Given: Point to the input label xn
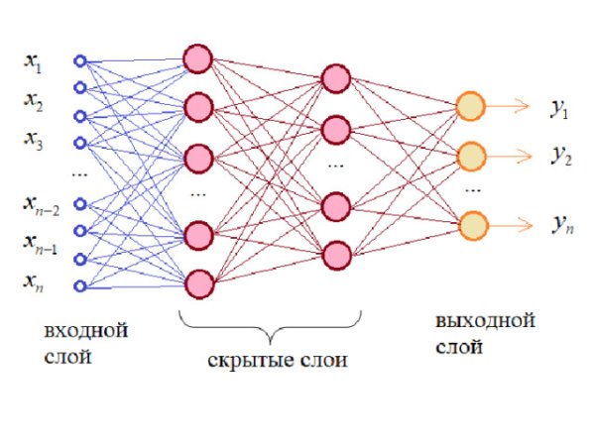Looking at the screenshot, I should (x=34, y=282).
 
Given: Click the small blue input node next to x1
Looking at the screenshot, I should (x=80, y=59).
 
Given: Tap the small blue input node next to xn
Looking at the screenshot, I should (x=80, y=287).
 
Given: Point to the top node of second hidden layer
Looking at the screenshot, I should (x=337, y=78).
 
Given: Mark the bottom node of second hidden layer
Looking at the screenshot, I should (x=337, y=256).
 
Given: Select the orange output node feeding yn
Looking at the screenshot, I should (x=470, y=223).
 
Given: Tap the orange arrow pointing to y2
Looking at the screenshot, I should (x=511, y=156).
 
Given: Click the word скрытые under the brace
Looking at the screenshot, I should (x=245, y=362).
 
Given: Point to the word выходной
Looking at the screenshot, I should (x=485, y=323).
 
